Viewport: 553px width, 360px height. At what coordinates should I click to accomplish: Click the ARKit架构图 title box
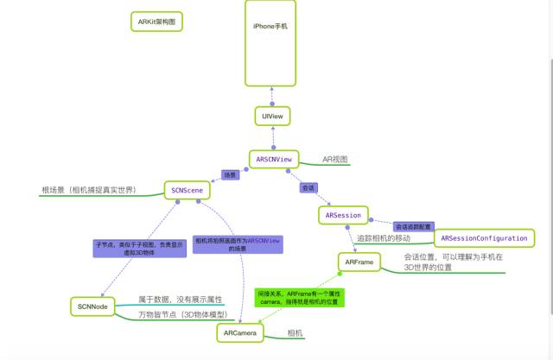pos(156,22)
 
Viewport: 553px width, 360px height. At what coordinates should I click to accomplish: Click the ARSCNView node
pos(275,159)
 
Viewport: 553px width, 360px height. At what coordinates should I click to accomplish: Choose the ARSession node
pos(343,214)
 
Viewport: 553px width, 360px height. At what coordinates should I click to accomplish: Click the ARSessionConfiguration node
pos(484,237)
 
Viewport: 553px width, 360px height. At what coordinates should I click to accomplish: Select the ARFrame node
pos(358,261)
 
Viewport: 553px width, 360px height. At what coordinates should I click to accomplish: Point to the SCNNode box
pos(92,306)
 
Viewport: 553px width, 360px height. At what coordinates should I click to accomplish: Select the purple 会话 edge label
pos(308,186)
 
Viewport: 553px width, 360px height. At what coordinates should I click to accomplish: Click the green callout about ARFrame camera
pos(299,299)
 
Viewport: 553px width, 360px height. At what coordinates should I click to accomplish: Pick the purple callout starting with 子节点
pos(126,249)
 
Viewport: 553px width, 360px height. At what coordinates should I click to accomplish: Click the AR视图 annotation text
pos(334,160)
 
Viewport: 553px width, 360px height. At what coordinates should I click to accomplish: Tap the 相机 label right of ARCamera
pos(296,332)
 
